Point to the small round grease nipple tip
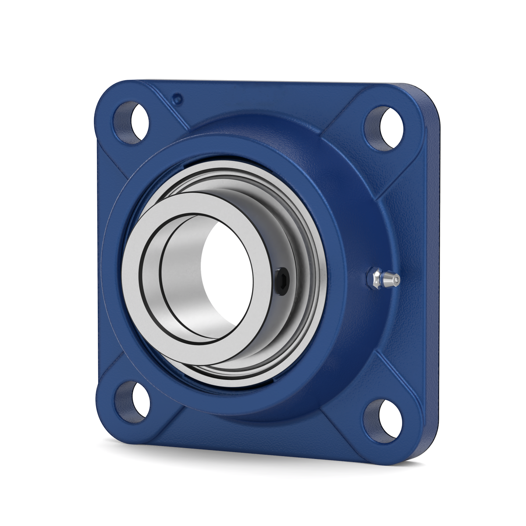[396, 280]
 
